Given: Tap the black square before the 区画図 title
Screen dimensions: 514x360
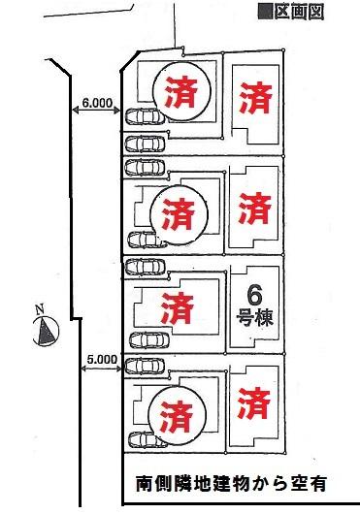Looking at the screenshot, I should (262, 12).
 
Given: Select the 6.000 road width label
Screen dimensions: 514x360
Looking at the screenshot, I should (97, 102).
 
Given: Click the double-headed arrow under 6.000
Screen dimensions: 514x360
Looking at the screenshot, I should (97, 114).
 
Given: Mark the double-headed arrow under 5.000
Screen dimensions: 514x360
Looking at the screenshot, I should (101, 370).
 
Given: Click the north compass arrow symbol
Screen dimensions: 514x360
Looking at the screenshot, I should (46, 333).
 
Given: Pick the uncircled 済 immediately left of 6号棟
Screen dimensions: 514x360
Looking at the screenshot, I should (176, 309).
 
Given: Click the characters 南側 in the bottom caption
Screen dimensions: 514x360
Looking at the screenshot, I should (150, 480).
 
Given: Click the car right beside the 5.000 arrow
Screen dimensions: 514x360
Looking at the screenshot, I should (144, 366).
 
